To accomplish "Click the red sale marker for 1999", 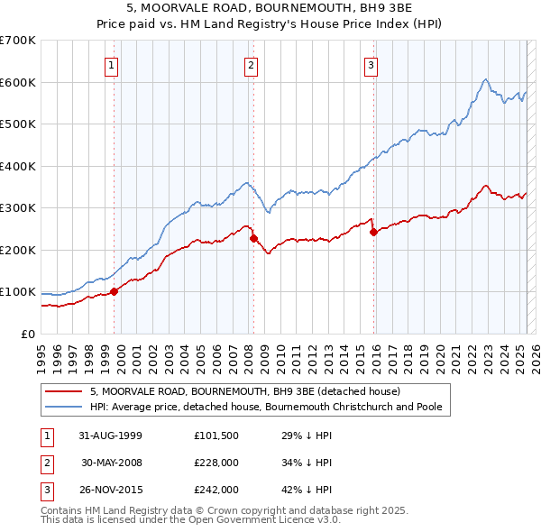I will point(115,291).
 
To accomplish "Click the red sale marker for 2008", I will point(253,238).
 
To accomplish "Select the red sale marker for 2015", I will point(373,233).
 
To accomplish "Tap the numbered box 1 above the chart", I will point(111,64).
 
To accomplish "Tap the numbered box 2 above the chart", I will point(251,64).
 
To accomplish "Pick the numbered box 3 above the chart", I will point(371,64).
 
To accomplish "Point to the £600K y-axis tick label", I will point(18,82).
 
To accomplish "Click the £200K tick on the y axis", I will point(18,250).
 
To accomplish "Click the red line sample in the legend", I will point(64,392).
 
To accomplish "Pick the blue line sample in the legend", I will point(64,408).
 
